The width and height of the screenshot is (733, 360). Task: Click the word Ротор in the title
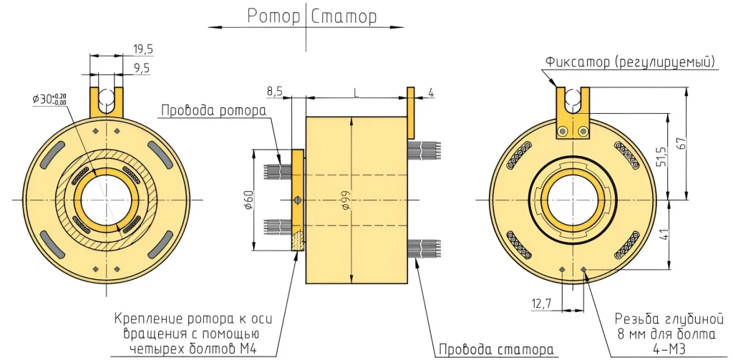point(273,16)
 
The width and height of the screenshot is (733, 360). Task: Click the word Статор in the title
point(344,16)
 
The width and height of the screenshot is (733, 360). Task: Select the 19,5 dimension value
point(143,49)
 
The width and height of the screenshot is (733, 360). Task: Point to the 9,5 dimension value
point(142,68)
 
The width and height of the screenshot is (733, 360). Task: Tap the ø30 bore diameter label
point(49,99)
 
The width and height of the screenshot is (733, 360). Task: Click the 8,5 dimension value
point(275,92)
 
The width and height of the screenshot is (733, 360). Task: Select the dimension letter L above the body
point(356,91)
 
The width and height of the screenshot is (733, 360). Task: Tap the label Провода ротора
point(213,111)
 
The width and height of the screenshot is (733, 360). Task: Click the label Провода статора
point(495,349)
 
